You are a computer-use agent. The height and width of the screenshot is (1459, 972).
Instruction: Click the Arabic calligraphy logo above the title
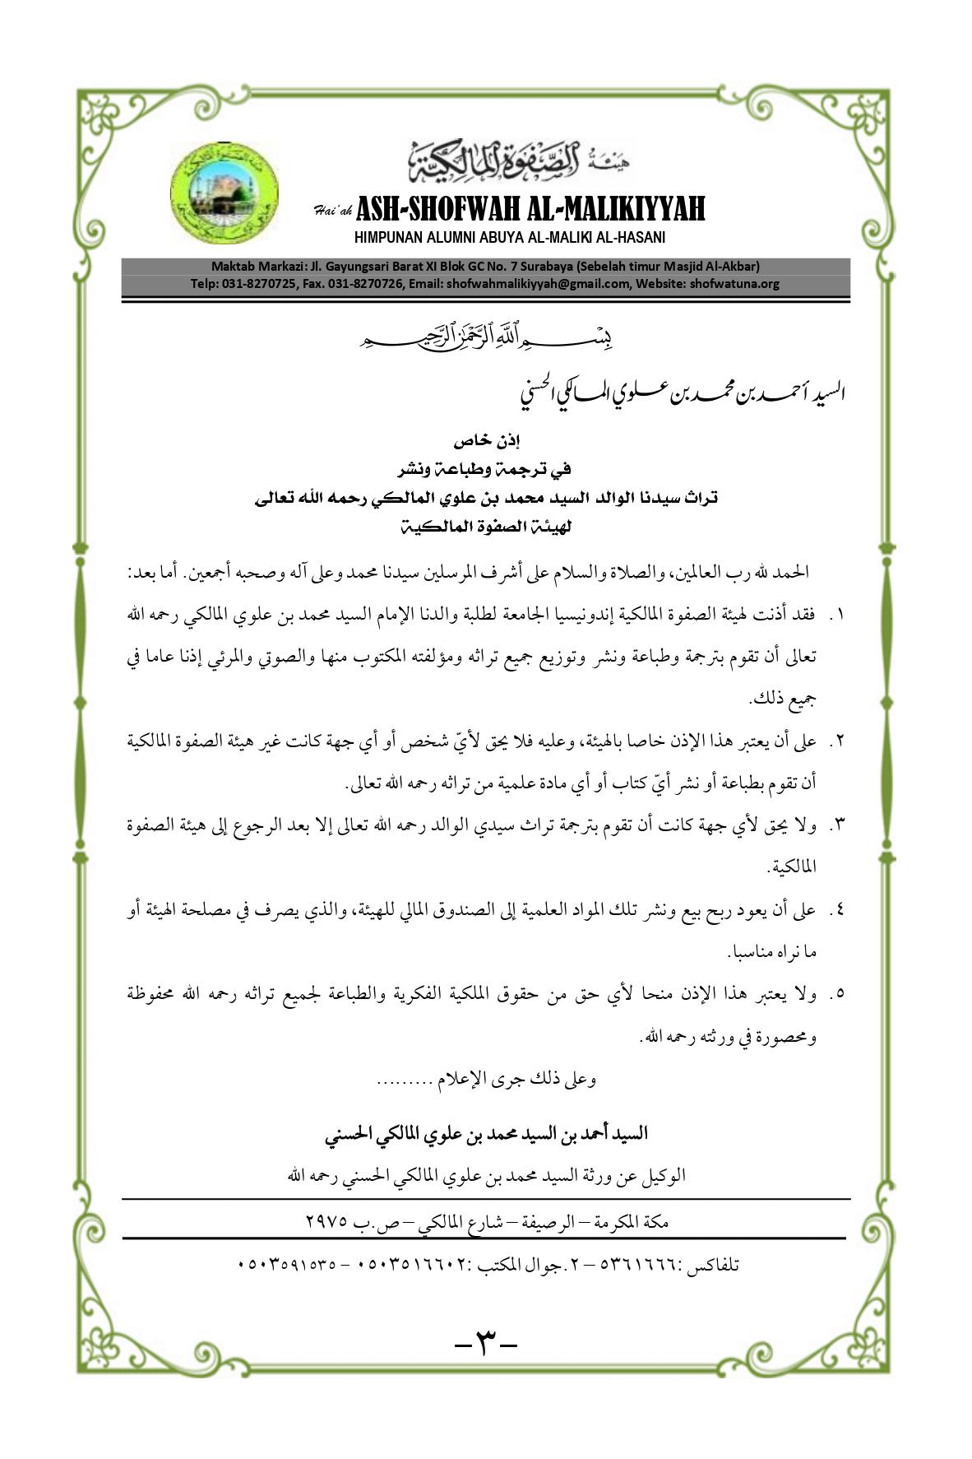[507, 160]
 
